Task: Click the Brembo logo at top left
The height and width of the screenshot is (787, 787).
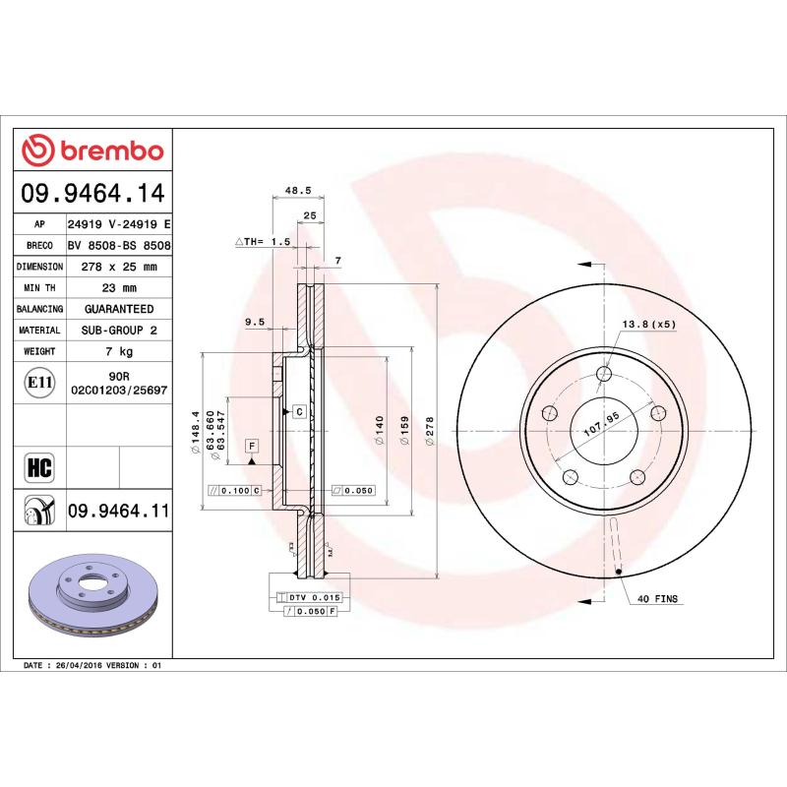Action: (x=92, y=151)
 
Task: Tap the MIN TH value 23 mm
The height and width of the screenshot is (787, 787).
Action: (x=118, y=288)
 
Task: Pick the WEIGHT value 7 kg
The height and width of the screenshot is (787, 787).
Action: (x=118, y=351)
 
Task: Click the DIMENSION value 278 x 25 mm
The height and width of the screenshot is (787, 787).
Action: (x=118, y=267)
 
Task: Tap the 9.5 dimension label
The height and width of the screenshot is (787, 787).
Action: (x=255, y=322)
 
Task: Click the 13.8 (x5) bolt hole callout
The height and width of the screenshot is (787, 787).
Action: (x=648, y=324)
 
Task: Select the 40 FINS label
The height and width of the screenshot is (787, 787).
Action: (x=658, y=598)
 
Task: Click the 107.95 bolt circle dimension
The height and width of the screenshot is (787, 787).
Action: (x=600, y=427)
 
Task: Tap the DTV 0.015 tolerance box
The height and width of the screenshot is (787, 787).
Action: (x=312, y=597)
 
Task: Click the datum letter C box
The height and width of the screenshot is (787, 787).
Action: (x=297, y=409)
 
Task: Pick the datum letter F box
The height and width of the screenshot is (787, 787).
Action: (x=253, y=446)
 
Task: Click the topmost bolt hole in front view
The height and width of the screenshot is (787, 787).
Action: (x=605, y=373)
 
